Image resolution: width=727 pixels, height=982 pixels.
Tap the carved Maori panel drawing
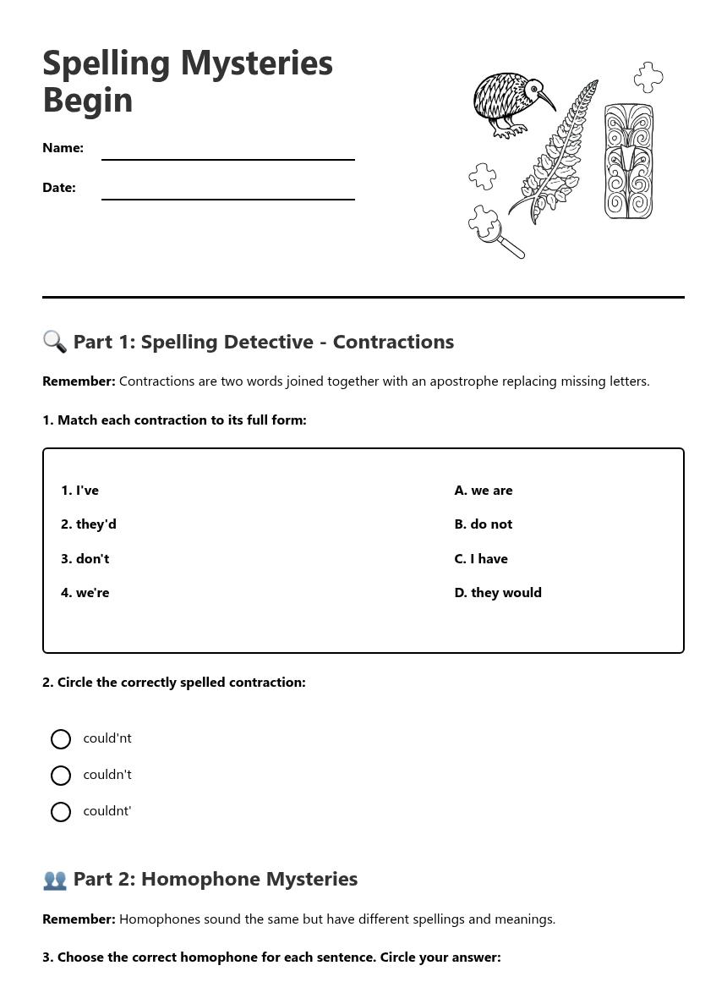coord(628,161)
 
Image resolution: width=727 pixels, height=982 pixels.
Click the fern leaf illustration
coord(555,152)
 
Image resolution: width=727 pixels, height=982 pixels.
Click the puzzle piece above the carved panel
coord(648,77)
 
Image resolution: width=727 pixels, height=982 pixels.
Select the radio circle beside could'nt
coord(61,739)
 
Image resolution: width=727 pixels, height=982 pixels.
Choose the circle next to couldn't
coord(61,776)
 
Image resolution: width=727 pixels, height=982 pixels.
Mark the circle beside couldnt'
coord(61,812)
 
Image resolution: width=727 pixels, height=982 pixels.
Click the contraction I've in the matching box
coord(80,491)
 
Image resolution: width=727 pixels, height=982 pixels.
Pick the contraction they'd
coord(89,524)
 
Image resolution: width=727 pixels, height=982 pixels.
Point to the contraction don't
coord(85,559)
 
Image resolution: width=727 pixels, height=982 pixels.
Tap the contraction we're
coord(85,593)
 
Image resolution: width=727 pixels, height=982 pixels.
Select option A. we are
coord(484,491)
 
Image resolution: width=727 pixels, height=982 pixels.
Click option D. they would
coord(498,593)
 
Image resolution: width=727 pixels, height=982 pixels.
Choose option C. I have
coord(481,559)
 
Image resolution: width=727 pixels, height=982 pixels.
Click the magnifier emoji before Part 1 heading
coord(55,342)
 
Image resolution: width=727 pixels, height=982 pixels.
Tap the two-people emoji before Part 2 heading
coord(55,880)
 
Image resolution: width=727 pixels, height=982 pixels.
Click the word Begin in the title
coord(88,100)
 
